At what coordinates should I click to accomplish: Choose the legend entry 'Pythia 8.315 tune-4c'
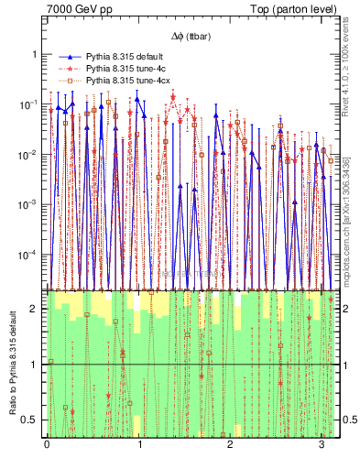[127, 69]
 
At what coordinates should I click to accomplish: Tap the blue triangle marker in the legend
[68, 57]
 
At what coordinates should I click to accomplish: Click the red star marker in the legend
[68, 69]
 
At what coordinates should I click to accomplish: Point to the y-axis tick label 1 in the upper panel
[36, 54]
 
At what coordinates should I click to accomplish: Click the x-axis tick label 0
[47, 450]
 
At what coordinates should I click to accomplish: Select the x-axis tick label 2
[231, 450]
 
